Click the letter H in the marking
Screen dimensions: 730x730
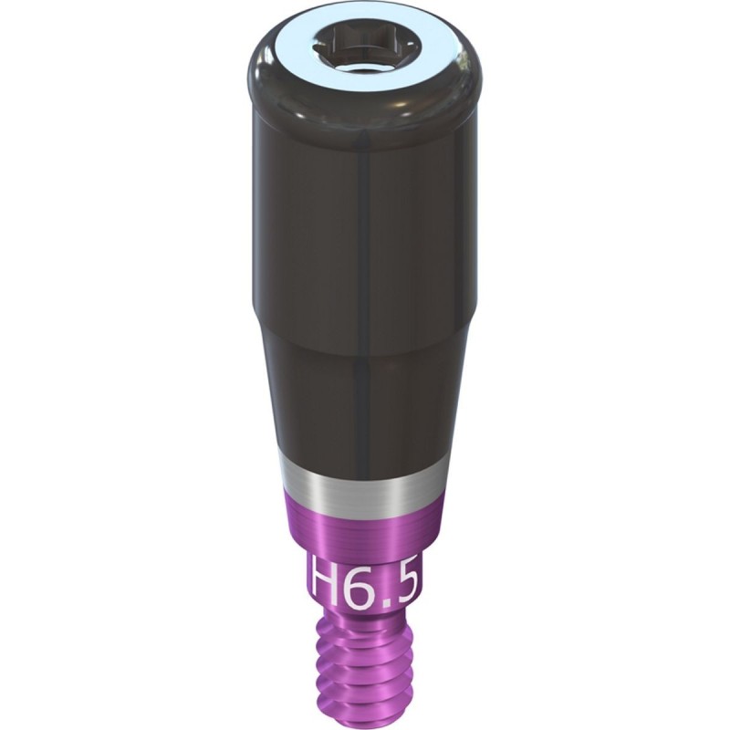pyautogui.click(x=326, y=580)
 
